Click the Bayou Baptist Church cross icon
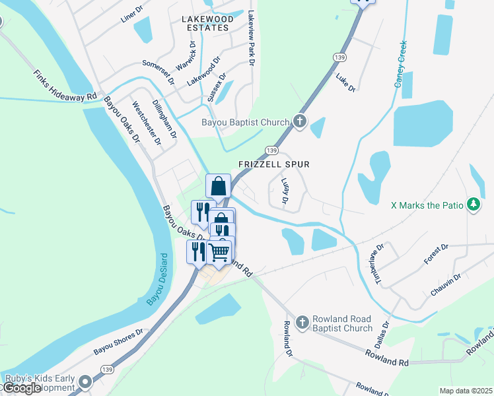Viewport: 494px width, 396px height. [300, 121]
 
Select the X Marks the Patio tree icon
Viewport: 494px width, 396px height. [473, 205]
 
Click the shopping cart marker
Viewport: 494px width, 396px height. [219, 251]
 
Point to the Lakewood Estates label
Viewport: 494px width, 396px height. [207, 23]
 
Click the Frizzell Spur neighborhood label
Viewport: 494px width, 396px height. [274, 164]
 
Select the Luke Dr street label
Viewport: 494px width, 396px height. [345, 83]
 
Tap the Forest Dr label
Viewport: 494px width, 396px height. [436, 254]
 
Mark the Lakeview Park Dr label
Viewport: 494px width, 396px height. [251, 38]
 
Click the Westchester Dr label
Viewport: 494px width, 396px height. [147, 123]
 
